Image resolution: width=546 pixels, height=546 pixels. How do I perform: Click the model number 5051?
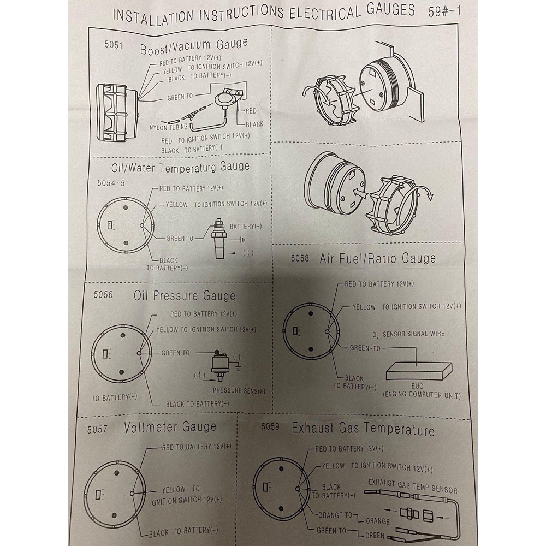[114, 45]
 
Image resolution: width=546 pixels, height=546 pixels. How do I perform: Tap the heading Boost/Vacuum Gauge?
[194, 46]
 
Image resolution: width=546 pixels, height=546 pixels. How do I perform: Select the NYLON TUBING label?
[169, 127]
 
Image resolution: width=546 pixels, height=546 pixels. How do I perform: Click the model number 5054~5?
[111, 183]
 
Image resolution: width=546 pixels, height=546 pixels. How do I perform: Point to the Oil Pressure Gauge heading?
[185, 296]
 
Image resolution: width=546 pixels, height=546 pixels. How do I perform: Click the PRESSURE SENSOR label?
[239, 391]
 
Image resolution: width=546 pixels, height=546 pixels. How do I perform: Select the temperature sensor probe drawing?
[219, 239]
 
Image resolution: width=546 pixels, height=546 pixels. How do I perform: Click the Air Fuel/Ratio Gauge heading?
[377, 258]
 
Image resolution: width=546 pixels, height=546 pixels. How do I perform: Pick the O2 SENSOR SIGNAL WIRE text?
[408, 334]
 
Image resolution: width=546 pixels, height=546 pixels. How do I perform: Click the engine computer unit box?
[419, 371]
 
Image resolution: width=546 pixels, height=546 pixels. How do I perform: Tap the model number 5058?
[300, 258]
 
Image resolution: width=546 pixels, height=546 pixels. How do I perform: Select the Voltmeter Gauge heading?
[170, 428]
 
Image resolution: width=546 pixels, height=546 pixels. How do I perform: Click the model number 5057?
[98, 429]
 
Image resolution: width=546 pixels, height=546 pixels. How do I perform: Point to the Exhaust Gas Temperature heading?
[363, 429]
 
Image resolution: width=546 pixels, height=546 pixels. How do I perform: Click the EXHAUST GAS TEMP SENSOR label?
[413, 486]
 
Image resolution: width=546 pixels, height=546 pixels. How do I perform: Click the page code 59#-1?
[444, 11]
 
